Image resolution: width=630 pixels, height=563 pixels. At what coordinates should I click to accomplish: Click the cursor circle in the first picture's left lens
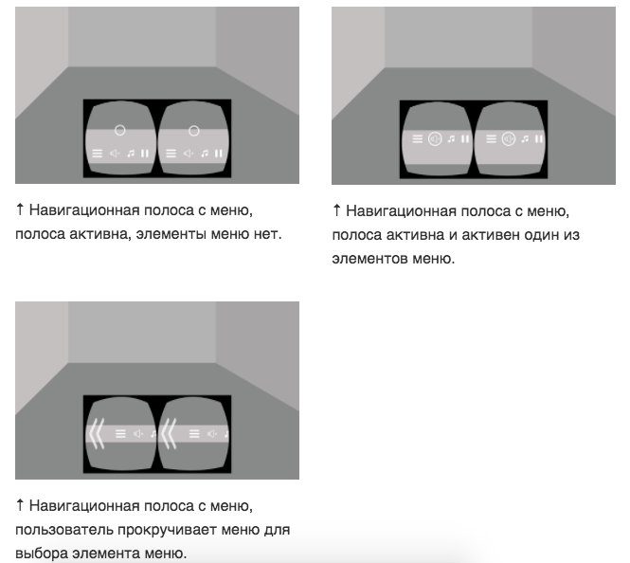(119, 130)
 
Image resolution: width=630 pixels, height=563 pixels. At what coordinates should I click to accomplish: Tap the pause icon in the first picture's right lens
(219, 154)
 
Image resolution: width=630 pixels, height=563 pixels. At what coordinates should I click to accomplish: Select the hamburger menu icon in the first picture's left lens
(98, 154)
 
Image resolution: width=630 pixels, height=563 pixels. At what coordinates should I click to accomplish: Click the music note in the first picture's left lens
(131, 154)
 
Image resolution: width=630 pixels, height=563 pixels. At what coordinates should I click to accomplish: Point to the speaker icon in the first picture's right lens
(189, 154)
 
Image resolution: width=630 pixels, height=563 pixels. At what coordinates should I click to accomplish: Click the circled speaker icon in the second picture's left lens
(435, 139)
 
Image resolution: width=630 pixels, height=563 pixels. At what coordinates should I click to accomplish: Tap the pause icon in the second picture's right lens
(539, 138)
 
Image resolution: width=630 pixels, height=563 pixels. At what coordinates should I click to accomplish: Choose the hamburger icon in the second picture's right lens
(491, 139)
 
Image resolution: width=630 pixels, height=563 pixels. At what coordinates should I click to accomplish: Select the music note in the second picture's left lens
(452, 139)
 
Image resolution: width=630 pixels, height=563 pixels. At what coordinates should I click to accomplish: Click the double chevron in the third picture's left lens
(97, 433)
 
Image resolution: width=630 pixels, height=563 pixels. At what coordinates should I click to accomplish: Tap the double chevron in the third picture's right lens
(169, 433)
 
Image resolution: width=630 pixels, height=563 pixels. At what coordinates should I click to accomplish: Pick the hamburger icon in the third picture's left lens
(120, 433)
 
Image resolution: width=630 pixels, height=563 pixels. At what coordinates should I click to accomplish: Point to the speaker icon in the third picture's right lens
(212, 433)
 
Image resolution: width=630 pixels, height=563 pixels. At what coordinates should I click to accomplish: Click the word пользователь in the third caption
(64, 530)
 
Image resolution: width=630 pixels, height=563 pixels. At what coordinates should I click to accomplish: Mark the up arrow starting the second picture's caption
(336, 209)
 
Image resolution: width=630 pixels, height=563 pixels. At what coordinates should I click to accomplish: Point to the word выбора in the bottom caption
(42, 554)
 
